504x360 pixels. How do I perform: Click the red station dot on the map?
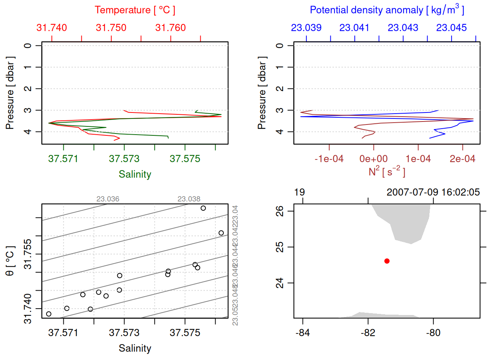387,261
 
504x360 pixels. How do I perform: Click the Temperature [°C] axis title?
135,10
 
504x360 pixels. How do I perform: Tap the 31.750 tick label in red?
111,28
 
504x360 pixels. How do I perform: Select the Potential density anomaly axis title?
387,10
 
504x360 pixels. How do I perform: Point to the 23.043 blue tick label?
403,28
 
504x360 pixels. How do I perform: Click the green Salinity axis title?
135,174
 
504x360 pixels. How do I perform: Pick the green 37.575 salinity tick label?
185,159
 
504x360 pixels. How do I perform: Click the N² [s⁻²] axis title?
387,172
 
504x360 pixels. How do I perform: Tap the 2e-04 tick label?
462,159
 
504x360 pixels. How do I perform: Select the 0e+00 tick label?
373,159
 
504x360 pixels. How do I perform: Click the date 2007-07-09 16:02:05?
433,192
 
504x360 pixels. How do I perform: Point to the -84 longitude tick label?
303,333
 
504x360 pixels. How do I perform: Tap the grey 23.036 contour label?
108,199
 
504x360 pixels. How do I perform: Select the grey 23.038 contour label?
189,199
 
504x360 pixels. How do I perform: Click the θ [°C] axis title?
10,261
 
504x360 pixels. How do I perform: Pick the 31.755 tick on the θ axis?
28,254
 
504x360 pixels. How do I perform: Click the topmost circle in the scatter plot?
203,208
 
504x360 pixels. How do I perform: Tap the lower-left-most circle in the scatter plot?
49,314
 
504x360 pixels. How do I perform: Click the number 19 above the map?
299,192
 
